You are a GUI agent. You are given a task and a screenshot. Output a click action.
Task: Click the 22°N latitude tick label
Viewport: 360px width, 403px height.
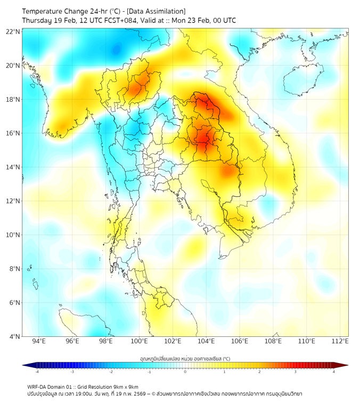(x=13, y=31)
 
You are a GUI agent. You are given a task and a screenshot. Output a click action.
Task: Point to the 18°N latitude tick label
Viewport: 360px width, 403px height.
(x=13, y=100)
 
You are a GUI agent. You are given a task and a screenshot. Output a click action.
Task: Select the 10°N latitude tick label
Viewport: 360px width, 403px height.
(x=13, y=235)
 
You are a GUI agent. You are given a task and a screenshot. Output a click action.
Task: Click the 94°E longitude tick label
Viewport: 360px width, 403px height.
(x=39, y=342)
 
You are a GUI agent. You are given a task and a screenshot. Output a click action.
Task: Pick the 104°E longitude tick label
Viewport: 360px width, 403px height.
(x=206, y=342)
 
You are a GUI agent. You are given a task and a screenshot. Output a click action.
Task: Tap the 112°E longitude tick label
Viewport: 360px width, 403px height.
(x=339, y=342)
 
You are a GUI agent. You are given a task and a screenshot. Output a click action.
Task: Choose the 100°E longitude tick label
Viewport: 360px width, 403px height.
(x=140, y=342)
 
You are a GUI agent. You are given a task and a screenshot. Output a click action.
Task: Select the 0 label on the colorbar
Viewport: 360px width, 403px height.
(x=185, y=372)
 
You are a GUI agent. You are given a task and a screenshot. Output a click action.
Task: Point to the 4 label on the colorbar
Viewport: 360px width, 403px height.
(x=334, y=372)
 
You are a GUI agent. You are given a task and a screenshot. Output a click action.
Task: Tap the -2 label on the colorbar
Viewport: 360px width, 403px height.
(x=111, y=372)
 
